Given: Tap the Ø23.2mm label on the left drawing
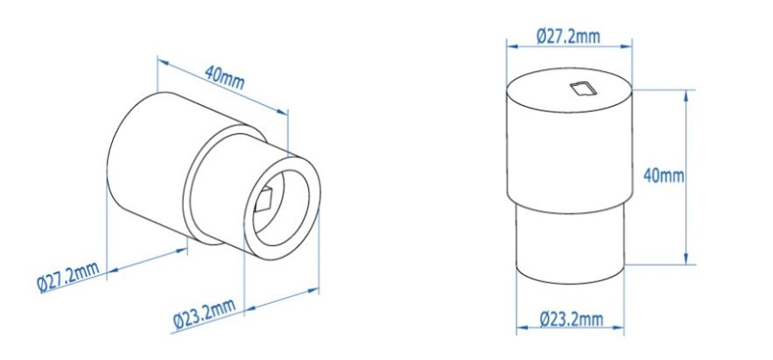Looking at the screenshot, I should coord(203,314).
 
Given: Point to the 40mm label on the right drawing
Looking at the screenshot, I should coord(663,175).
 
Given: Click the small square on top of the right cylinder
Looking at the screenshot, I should coord(581,86).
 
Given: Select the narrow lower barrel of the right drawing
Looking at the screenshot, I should coord(569,245).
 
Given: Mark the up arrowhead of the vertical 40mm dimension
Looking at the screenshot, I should coord(685,93).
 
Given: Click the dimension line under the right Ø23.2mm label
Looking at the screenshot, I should coord(569,329).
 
